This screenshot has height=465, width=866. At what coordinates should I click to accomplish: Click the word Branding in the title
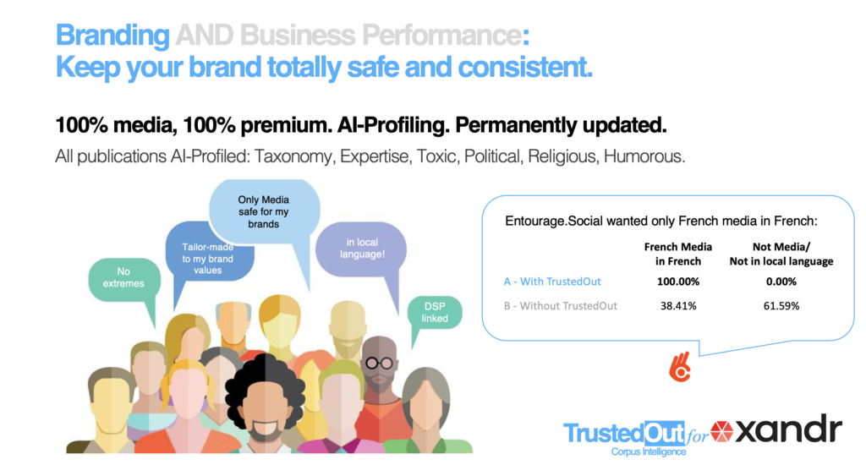click(x=112, y=36)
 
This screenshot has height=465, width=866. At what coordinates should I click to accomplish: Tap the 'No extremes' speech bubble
click(x=124, y=280)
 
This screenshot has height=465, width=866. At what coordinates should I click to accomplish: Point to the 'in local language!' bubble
click(x=361, y=249)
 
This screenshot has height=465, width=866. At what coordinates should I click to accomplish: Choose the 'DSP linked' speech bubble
click(x=435, y=313)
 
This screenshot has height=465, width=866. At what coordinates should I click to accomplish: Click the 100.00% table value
click(x=678, y=282)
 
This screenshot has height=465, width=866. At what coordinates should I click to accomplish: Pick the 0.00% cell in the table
click(x=781, y=282)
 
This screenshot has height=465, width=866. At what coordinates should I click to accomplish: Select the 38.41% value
click(x=678, y=306)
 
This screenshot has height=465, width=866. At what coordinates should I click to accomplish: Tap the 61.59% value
click(x=781, y=306)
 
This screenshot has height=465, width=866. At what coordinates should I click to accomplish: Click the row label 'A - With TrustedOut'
click(x=552, y=282)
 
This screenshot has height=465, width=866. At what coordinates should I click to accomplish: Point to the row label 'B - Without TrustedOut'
click(x=560, y=306)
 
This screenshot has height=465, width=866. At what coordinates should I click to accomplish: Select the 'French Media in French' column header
click(x=678, y=254)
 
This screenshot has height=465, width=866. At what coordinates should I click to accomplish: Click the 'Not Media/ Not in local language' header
click(x=781, y=254)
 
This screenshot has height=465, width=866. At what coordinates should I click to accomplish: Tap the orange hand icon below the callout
click(x=681, y=367)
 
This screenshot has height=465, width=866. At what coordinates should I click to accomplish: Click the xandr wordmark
click(x=789, y=429)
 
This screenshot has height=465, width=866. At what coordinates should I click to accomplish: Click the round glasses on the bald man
click(x=380, y=363)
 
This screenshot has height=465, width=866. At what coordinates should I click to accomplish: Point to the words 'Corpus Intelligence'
click(x=649, y=451)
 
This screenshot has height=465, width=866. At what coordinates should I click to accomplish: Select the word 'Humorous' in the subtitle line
click(x=644, y=157)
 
